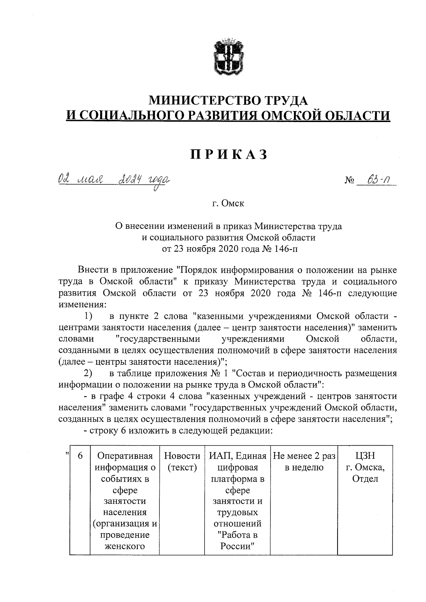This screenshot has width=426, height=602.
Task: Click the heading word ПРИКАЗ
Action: point(229,155)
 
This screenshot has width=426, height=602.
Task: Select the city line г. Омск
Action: point(228,204)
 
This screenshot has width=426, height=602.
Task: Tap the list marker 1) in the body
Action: point(88,315)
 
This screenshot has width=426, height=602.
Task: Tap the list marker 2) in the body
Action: point(88,373)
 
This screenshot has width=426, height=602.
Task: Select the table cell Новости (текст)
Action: point(182,462)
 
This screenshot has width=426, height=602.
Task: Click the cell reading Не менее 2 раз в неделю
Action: point(304,462)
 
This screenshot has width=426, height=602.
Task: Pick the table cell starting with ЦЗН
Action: point(365,467)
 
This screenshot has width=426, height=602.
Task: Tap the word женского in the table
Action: point(125,546)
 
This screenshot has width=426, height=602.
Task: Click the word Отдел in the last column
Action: point(365,479)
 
